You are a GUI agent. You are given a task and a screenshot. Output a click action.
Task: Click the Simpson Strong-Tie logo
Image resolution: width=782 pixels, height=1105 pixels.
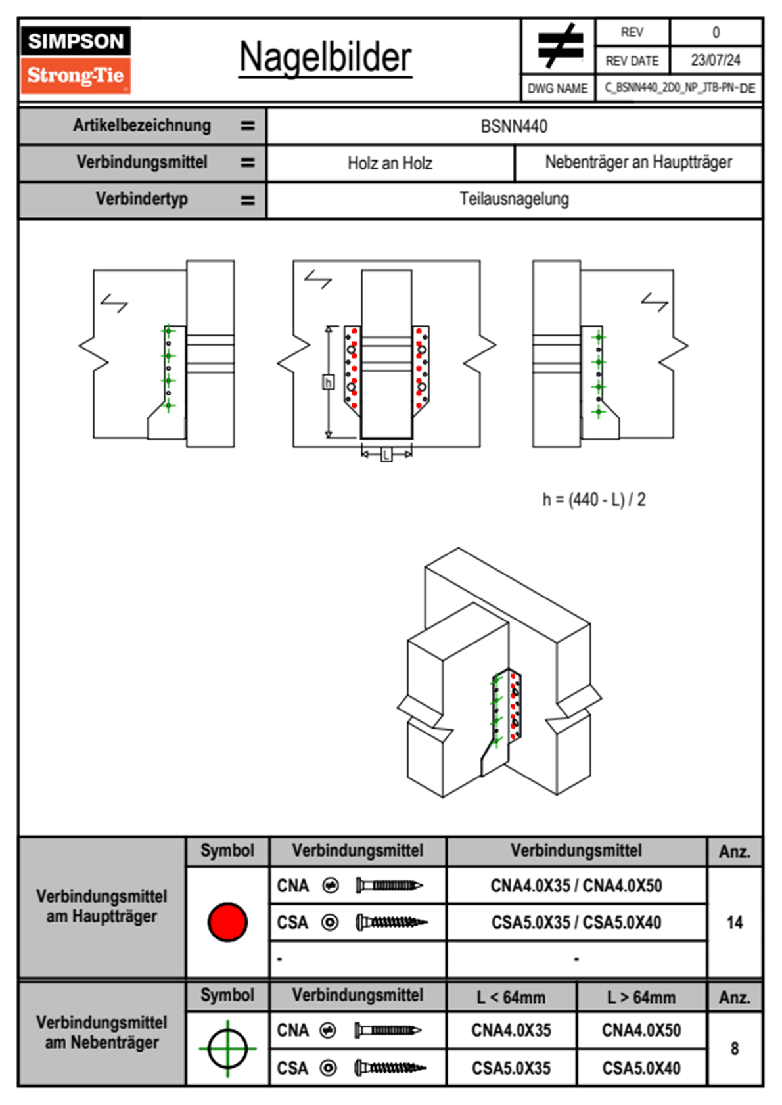pyautogui.click(x=76, y=60)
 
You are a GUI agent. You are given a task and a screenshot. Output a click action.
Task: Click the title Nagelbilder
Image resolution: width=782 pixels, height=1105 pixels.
pyautogui.click(x=325, y=57)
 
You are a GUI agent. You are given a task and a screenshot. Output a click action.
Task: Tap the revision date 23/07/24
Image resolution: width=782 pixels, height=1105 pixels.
pyautogui.click(x=715, y=60)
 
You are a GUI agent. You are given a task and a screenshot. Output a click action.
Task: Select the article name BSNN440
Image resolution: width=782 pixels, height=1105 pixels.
pyautogui.click(x=514, y=126)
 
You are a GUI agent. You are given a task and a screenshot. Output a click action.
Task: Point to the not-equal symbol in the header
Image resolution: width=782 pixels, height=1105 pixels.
pyautogui.click(x=559, y=46)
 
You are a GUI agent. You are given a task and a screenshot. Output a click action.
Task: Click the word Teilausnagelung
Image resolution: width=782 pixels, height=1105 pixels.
pyautogui.click(x=514, y=199)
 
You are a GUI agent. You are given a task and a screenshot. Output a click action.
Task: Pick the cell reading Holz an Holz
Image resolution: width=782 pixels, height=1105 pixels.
pyautogui.click(x=390, y=163)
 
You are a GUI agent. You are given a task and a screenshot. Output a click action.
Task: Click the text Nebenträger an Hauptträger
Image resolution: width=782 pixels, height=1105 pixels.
pyautogui.click(x=638, y=162)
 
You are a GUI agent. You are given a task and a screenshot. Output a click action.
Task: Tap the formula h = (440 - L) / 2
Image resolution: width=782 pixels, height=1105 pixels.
pyautogui.click(x=594, y=500)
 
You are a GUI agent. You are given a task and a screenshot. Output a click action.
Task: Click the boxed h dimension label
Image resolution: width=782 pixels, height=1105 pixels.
pyautogui.click(x=328, y=382)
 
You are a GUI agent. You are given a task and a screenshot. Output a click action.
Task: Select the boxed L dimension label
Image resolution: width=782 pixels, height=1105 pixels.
pyautogui.click(x=386, y=454)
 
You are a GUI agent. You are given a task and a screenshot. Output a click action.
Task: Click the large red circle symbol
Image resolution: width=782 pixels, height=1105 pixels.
pyautogui.click(x=227, y=922)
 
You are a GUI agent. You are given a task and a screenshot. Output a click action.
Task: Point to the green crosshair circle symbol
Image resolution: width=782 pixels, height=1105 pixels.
pyautogui.click(x=227, y=1049)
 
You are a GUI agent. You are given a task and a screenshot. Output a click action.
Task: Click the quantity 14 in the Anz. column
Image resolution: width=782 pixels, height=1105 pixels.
pyautogui.click(x=734, y=922)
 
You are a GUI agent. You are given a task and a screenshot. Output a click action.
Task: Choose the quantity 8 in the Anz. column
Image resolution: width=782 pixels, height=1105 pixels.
pyautogui.click(x=734, y=1049)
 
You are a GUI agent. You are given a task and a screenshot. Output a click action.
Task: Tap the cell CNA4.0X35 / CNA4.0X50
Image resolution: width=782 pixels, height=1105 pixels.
pyautogui.click(x=576, y=886)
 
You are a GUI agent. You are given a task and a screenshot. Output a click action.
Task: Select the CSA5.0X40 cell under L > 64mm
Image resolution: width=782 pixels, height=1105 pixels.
pyautogui.click(x=641, y=1068)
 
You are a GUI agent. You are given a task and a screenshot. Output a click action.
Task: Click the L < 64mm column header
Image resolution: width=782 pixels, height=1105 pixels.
pyautogui.click(x=511, y=997)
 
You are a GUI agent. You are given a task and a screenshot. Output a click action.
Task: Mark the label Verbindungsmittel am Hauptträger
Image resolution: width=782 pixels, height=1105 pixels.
pyautogui.click(x=102, y=907)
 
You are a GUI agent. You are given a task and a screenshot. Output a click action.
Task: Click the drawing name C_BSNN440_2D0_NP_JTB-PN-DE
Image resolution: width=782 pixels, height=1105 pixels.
pyautogui.click(x=679, y=88)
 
